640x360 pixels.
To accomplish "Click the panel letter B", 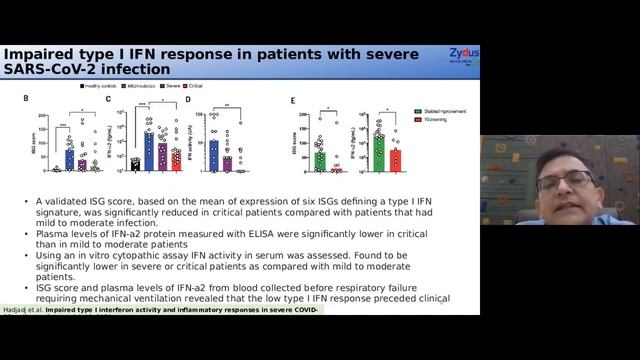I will pos(27,100).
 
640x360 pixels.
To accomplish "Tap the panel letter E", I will pos(291,100).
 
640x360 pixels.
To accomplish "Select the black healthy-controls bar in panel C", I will pos(135,166).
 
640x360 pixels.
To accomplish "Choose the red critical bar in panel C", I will pos(176,160).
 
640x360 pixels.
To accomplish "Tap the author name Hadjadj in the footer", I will pos(19,310).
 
